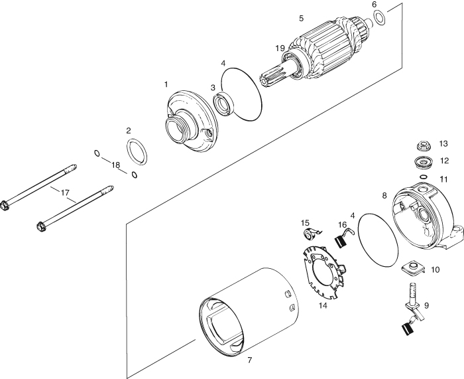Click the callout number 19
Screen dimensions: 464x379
pyautogui.click(x=280, y=48)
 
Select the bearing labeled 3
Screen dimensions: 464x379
pyautogui.click(x=224, y=103)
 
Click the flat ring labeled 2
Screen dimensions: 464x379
pyautogui.click(x=137, y=151)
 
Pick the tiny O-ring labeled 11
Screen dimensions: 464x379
pyautogui.click(x=423, y=177)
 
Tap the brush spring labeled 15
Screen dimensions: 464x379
pyautogui.click(x=311, y=233)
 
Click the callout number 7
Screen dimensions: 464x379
pyautogui.click(x=250, y=360)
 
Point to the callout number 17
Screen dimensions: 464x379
pyautogui.click(x=65, y=193)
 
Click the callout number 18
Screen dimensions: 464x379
pyautogui.click(x=115, y=165)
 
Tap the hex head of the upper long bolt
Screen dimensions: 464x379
pyautogui.click(x=4, y=205)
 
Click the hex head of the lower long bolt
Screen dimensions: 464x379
pyautogui.click(x=42, y=227)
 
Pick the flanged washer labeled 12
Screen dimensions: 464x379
pyautogui.click(x=423, y=163)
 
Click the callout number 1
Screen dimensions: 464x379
pyautogui.click(x=166, y=84)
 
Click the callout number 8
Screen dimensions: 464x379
pyautogui.click(x=384, y=196)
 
